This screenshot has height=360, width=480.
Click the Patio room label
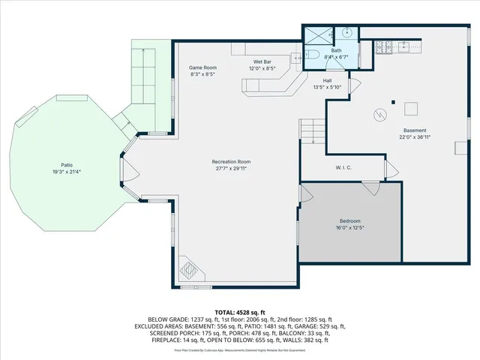67,164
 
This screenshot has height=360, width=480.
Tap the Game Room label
202,67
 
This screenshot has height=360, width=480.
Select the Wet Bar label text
262,61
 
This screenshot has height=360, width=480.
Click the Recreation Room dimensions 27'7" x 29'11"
230,169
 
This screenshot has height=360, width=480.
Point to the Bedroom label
350,220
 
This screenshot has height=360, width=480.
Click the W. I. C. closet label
344,168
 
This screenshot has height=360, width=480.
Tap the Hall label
327,80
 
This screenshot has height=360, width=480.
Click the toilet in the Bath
313,54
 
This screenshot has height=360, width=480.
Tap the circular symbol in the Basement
380,115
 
